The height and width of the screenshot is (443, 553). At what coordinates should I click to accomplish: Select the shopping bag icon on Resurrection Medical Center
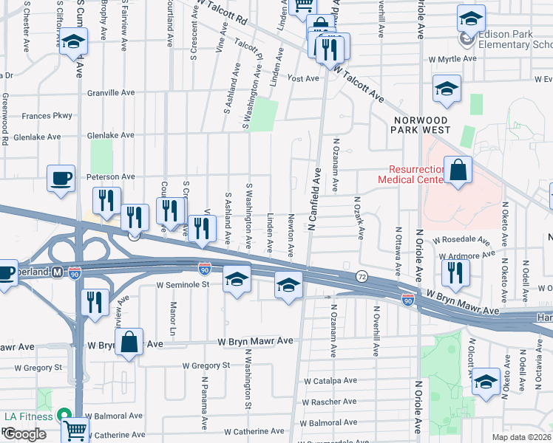pos(458,171)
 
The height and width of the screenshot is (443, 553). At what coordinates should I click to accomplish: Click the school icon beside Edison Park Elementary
pos(471,18)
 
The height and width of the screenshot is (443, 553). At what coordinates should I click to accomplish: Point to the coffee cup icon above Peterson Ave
pos(61,178)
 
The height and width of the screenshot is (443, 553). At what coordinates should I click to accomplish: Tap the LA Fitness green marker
pos(64,416)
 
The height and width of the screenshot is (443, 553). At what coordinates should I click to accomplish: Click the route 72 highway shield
pos(362,275)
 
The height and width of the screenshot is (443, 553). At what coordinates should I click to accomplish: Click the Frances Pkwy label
pos(47,116)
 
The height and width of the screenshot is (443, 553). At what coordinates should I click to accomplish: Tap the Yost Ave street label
pos(303,78)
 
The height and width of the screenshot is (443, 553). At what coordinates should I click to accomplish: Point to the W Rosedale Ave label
pos(461,241)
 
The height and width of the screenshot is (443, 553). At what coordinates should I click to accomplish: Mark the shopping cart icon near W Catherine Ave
pos(75,429)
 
